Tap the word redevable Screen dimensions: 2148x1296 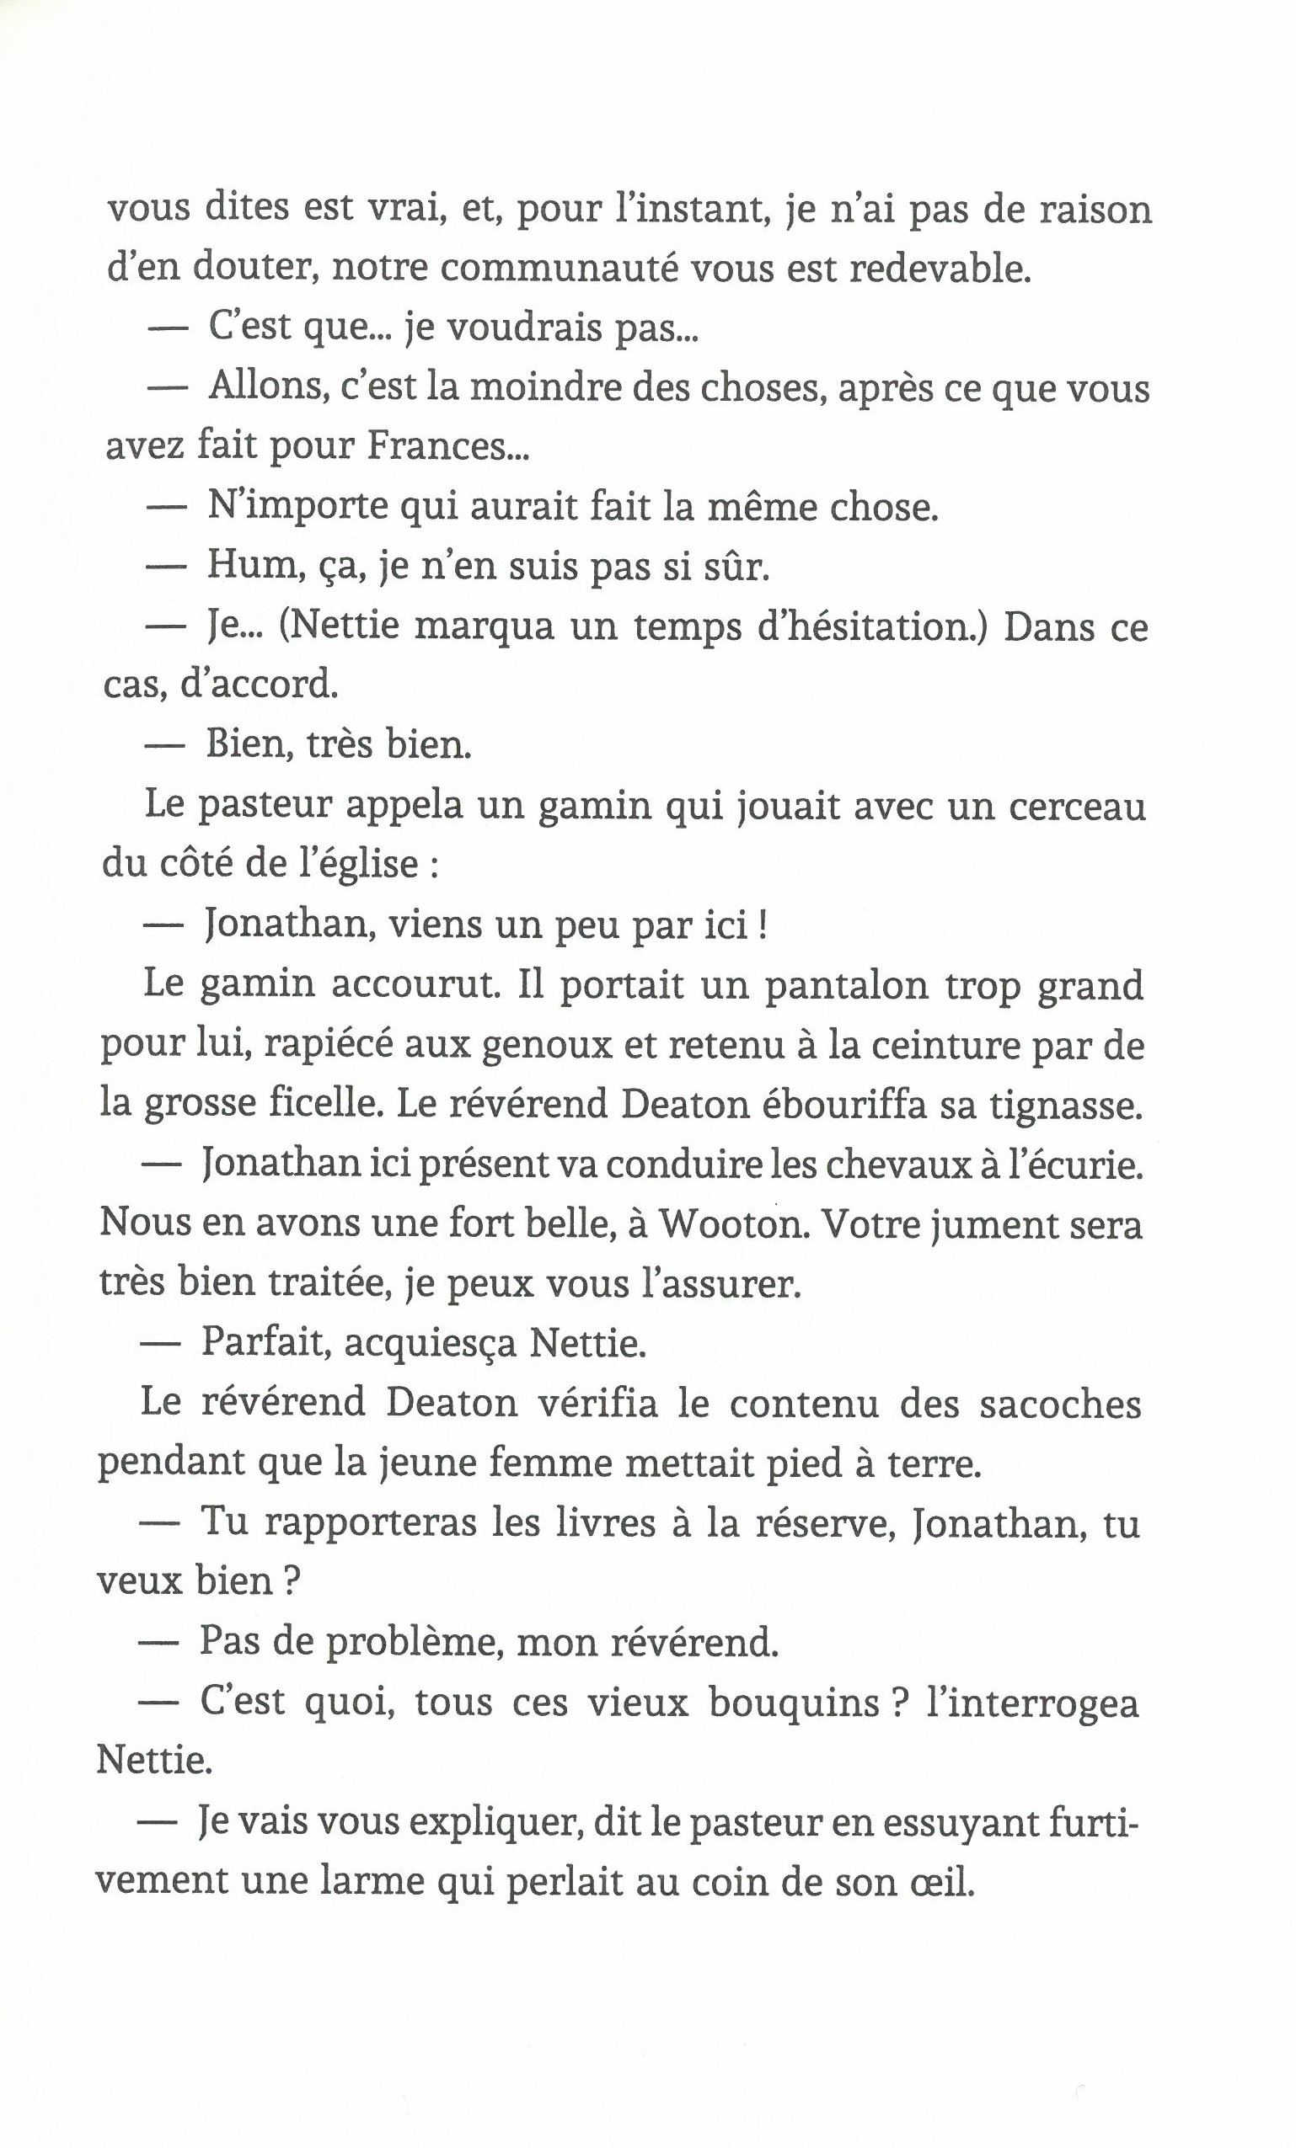click(940, 269)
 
